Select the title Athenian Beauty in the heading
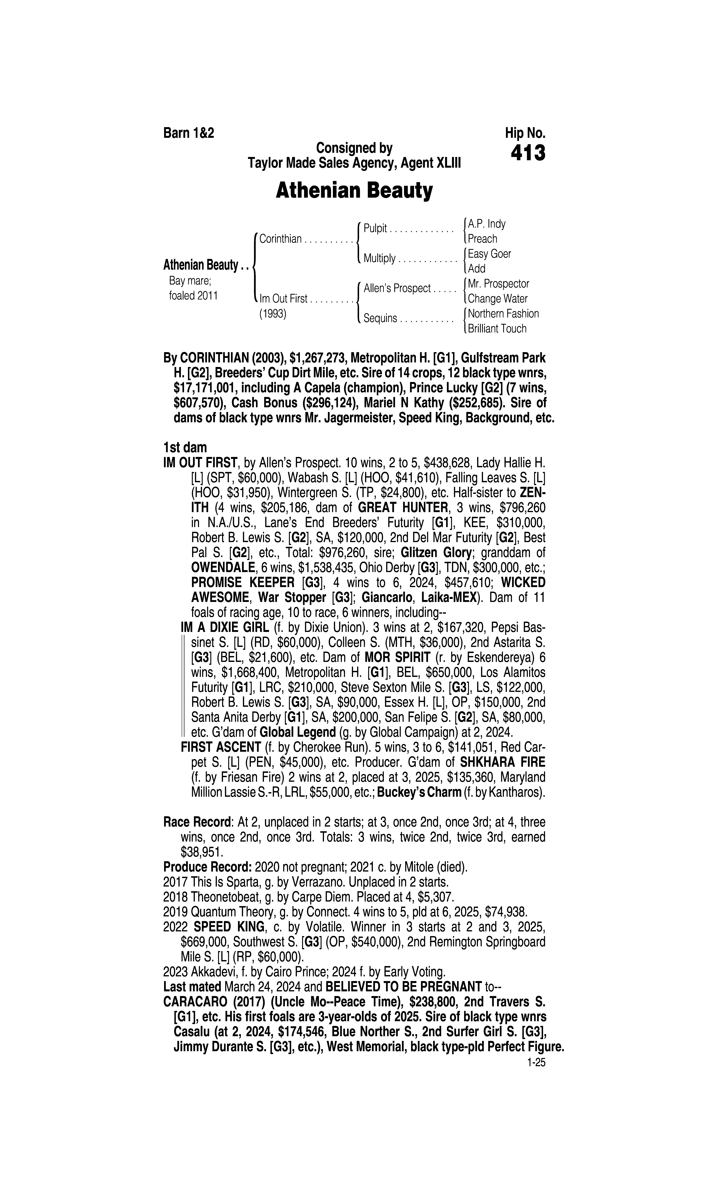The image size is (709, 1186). [x=354, y=191]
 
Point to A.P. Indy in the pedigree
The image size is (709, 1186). [x=486, y=224]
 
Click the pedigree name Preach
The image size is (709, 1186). [x=482, y=239]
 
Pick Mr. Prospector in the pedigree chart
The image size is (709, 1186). [x=498, y=284]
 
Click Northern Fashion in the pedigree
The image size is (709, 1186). [x=503, y=314]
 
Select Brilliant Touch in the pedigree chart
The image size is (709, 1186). [x=497, y=329]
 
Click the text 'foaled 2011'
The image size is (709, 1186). [x=194, y=296]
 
